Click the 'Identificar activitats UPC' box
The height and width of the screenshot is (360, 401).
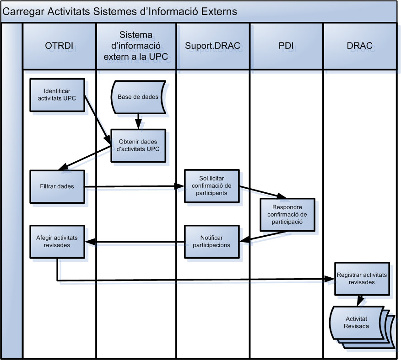click(57, 95)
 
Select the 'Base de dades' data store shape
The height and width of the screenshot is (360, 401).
click(138, 97)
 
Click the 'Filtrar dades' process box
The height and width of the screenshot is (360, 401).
click(57, 186)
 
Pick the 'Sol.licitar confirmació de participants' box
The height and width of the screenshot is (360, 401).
click(212, 185)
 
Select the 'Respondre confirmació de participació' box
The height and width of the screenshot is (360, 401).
click(287, 214)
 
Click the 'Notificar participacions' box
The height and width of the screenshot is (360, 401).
click(211, 241)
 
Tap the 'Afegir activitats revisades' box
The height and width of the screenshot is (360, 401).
click(57, 241)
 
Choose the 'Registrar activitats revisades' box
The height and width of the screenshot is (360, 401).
click(362, 279)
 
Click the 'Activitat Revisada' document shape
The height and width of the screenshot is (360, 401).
click(357, 322)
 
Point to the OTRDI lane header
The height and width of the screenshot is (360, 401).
click(60, 46)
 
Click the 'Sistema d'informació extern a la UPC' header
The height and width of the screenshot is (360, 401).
click(136, 46)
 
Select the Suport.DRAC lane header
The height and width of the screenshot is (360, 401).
click(213, 46)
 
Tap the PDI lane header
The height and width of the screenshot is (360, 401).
click(286, 46)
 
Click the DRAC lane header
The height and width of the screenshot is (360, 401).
click(359, 46)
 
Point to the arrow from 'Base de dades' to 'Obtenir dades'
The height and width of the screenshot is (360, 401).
click(138, 121)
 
